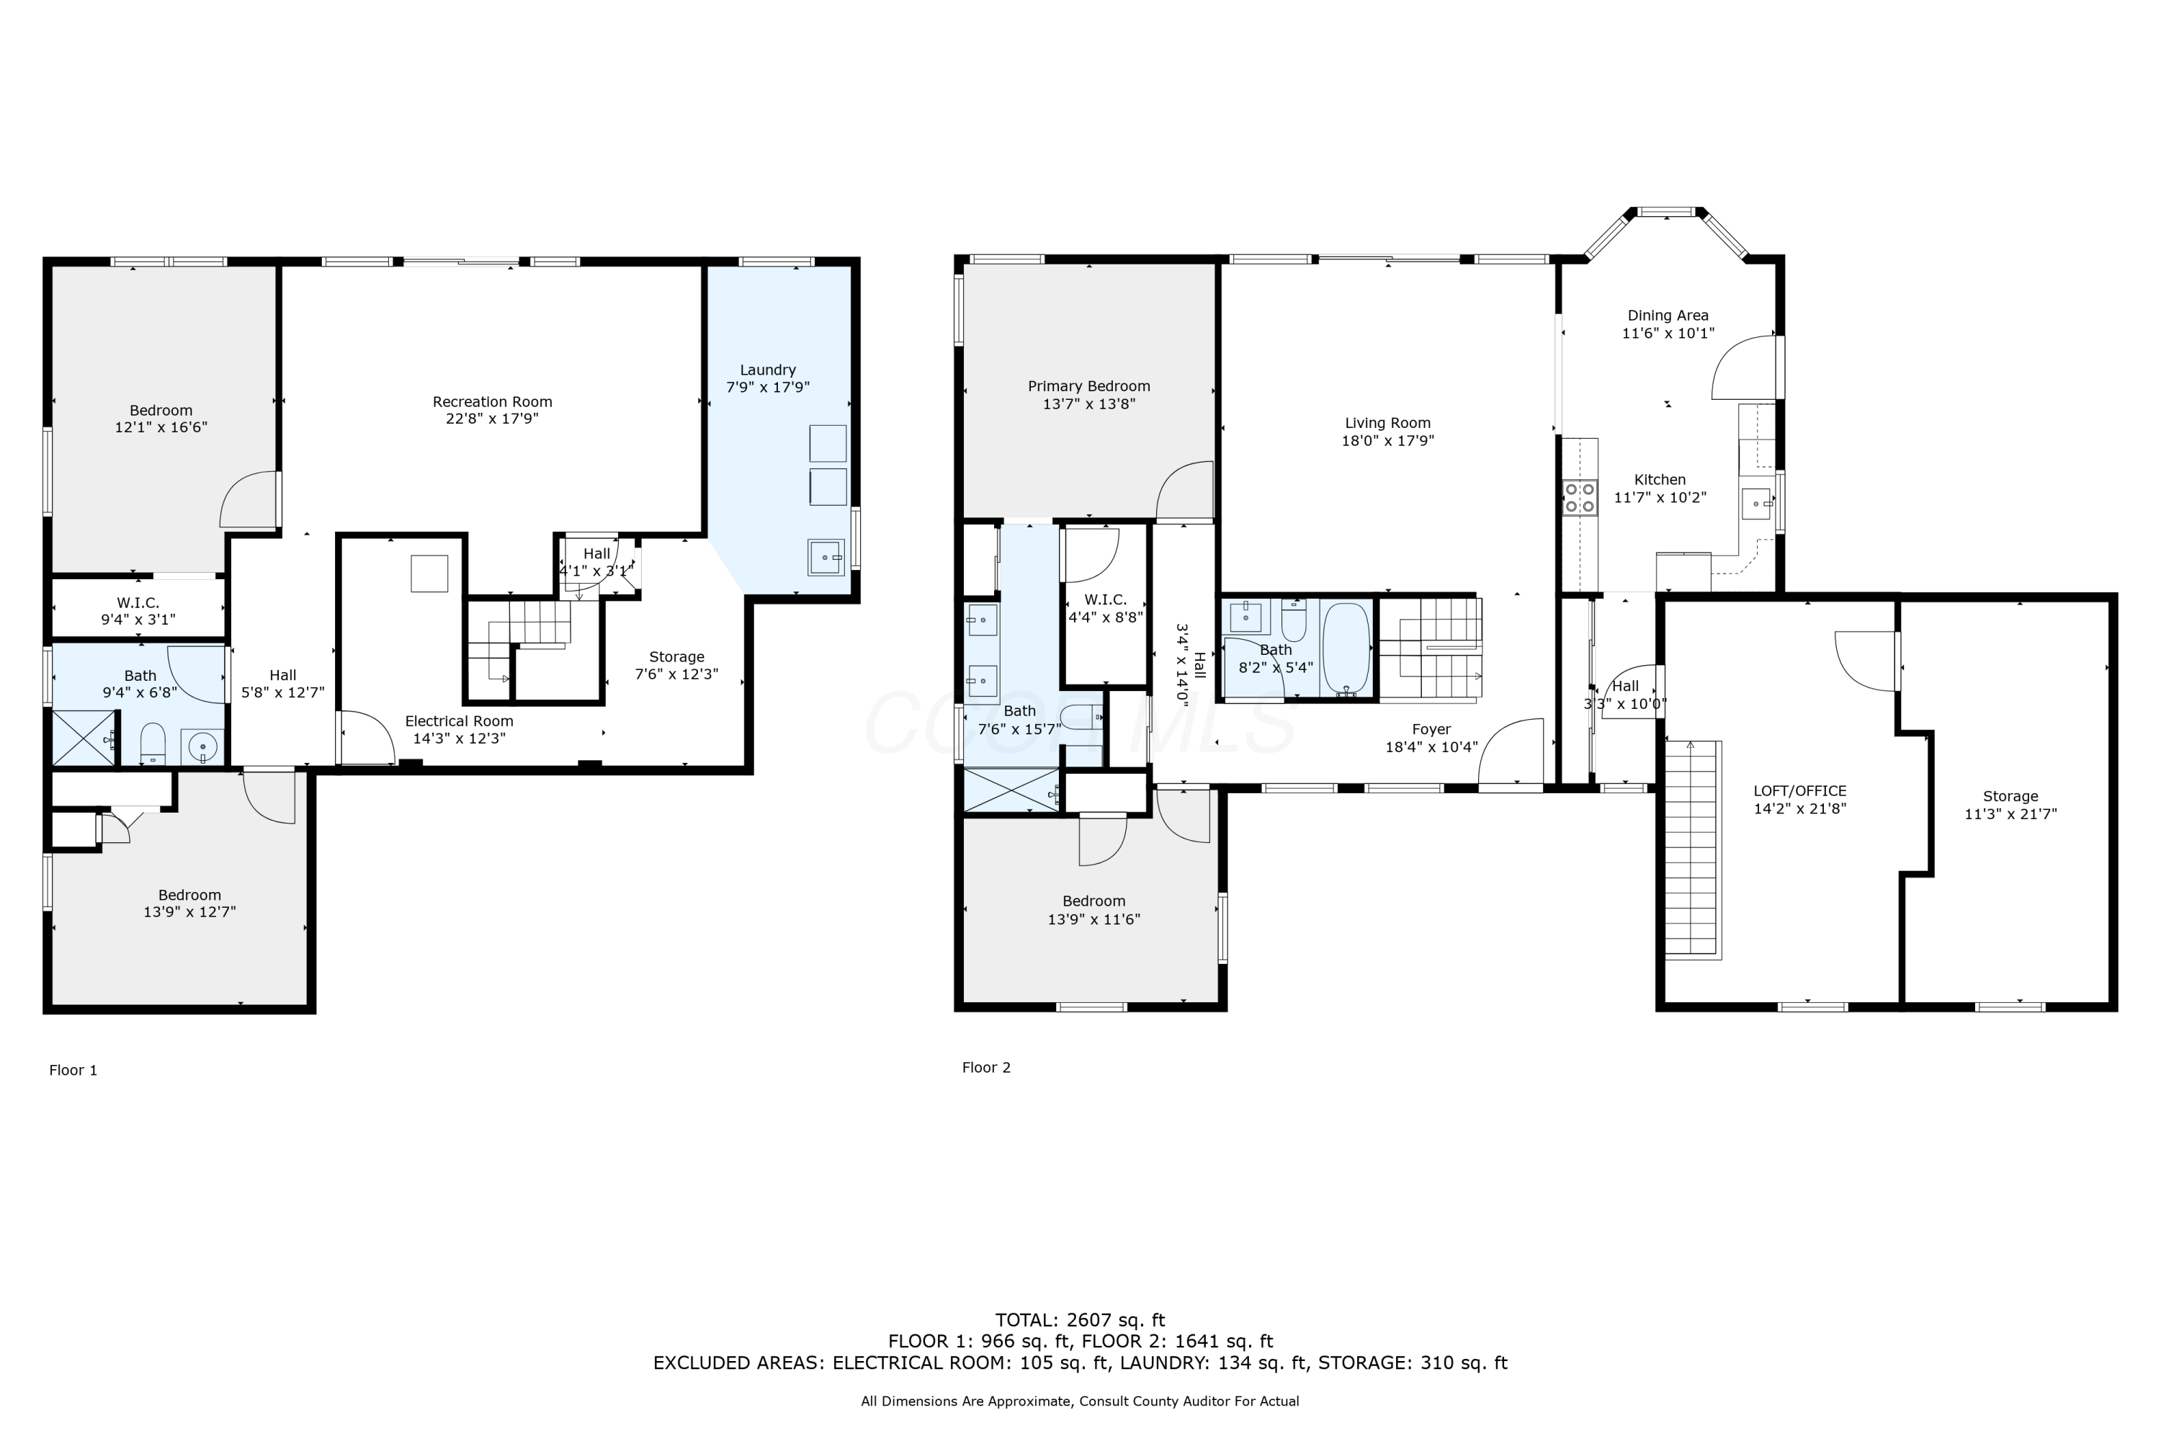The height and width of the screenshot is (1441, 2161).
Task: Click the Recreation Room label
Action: pos(493,401)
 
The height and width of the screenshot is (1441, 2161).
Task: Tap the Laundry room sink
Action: pos(826,557)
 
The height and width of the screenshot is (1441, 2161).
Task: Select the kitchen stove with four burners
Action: pos(1580,497)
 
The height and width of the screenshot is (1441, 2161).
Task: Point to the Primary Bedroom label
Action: pos(1088,386)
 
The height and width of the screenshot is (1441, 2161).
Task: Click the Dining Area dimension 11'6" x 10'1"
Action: pos(1668,334)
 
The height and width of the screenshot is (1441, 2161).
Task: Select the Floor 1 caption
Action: pos(73,1070)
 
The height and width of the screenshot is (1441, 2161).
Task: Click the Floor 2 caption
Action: pos(986,1067)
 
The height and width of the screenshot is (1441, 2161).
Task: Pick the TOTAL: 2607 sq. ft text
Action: pos(1080,1321)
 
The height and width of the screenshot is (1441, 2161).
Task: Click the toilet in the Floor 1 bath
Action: pos(153,744)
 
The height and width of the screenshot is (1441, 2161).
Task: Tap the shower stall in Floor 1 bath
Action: pos(84,738)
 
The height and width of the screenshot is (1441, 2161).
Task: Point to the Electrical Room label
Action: pos(460,721)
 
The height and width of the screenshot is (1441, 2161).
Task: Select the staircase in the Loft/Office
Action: pos(1692,850)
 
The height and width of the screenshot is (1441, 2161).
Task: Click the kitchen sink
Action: pos(1756,504)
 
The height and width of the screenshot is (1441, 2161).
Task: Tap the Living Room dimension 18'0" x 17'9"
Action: pos(1387,440)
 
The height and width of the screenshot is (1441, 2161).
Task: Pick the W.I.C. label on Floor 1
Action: pos(138,603)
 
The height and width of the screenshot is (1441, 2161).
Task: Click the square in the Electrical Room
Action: pos(429,574)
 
